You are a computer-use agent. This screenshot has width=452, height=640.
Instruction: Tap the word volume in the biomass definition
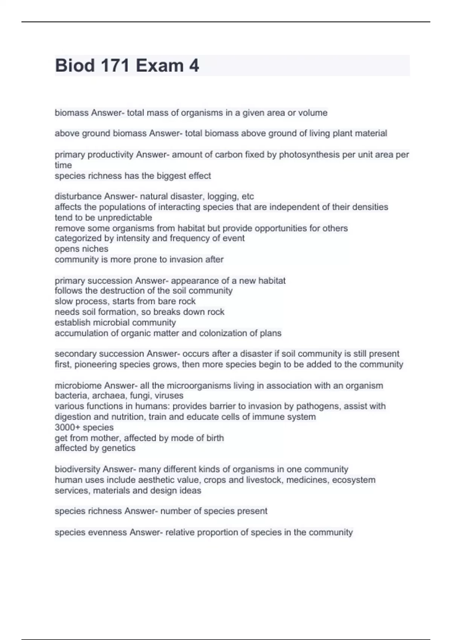click(x=313, y=113)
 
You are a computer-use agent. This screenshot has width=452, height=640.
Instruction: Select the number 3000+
click(x=67, y=427)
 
